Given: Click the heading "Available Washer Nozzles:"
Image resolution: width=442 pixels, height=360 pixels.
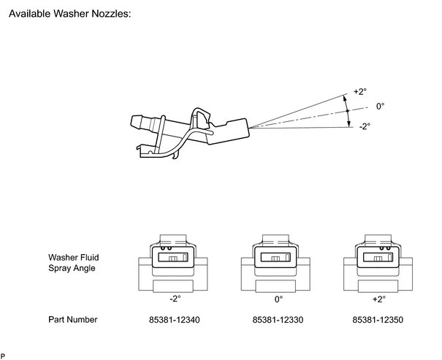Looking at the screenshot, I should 69,15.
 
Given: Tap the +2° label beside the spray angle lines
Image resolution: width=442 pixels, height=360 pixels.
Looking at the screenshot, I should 360,92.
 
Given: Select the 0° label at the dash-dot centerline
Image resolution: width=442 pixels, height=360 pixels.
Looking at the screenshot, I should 380,106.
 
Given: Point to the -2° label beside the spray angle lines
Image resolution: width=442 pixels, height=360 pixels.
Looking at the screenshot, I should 364,126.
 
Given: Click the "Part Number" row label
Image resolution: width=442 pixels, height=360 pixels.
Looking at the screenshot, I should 73,320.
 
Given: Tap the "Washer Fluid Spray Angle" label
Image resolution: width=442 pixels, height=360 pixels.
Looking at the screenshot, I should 74,263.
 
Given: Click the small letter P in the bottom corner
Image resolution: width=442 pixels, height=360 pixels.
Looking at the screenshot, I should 3,355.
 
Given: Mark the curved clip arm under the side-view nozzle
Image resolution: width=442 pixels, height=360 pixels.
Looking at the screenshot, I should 175,146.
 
